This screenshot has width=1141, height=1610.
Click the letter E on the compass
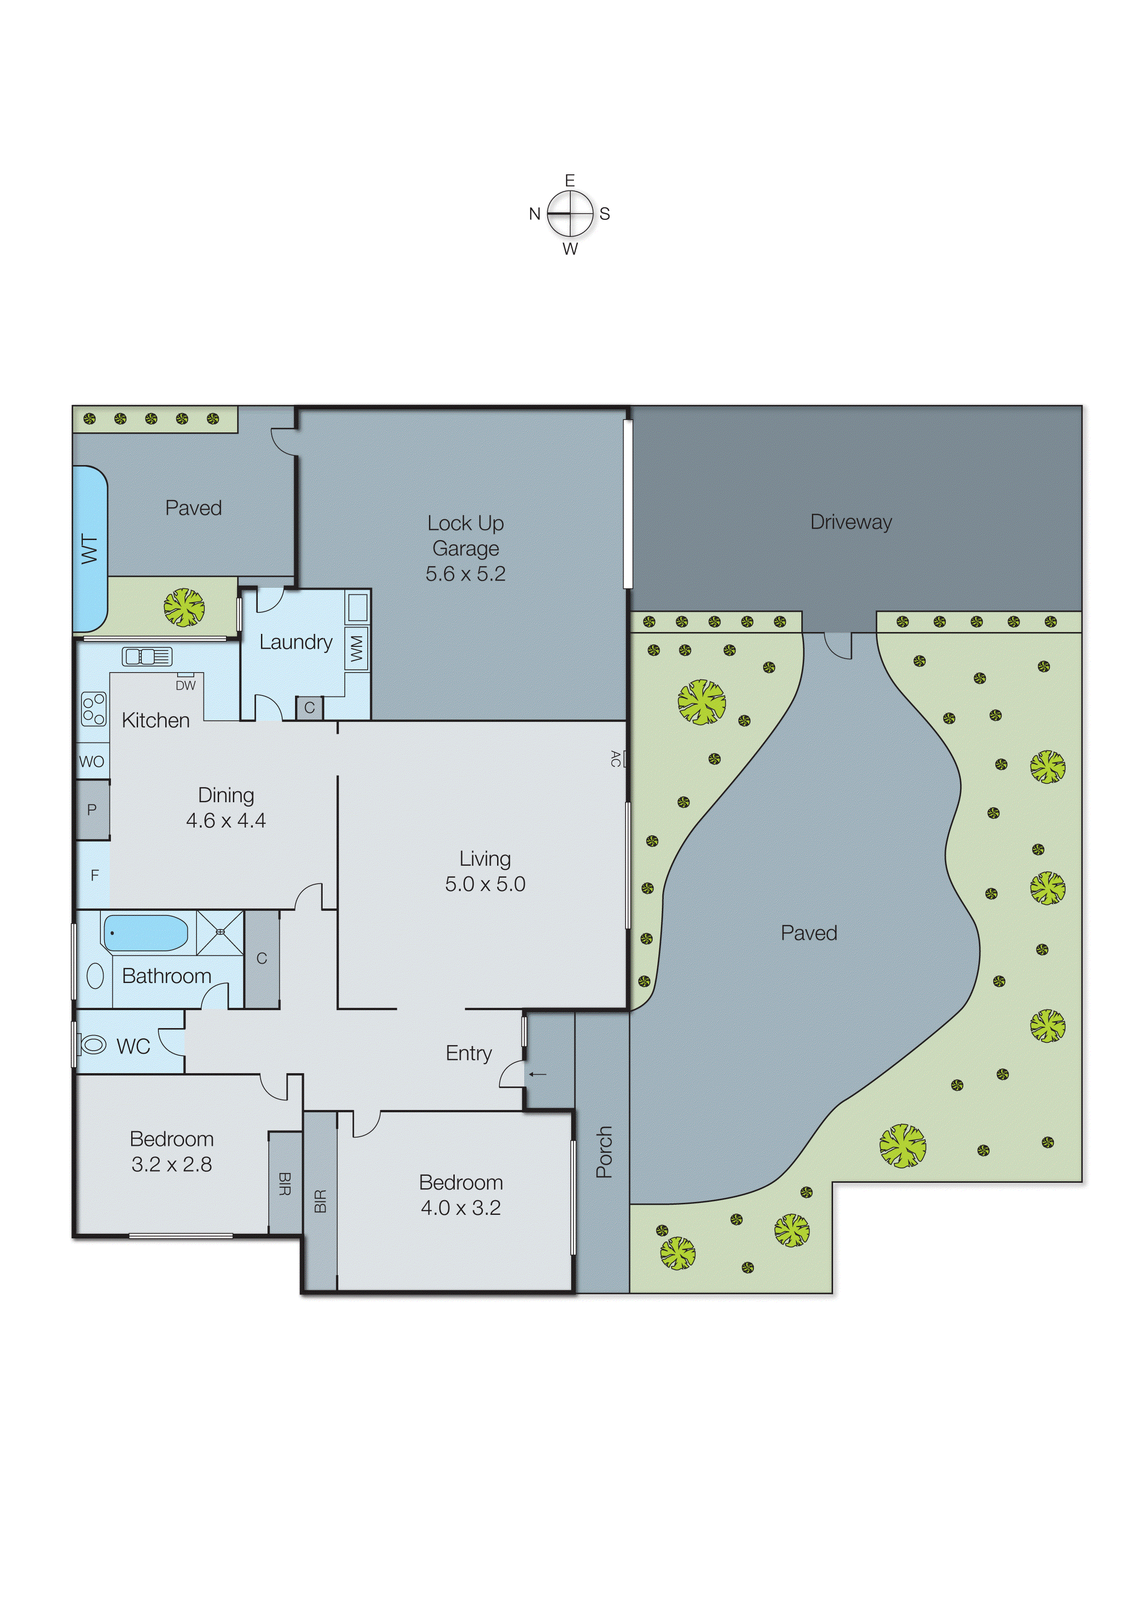point(570,180)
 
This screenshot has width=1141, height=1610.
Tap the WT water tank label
point(89,549)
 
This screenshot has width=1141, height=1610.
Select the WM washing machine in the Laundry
point(357,647)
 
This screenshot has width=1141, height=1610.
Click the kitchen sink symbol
point(147,656)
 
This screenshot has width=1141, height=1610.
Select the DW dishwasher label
point(185,685)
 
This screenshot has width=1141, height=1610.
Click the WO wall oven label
point(91,762)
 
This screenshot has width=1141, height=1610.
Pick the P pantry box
point(92,810)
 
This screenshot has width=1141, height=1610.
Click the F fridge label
point(94,875)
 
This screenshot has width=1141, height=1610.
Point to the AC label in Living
point(615,758)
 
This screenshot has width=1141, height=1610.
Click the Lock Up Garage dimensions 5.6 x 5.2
point(465,574)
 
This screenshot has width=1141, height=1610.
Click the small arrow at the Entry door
point(538,1074)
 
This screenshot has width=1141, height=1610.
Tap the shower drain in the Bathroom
point(220,932)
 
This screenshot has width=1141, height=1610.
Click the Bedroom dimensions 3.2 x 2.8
point(171,1164)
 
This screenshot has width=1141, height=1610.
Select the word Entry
point(469,1053)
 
